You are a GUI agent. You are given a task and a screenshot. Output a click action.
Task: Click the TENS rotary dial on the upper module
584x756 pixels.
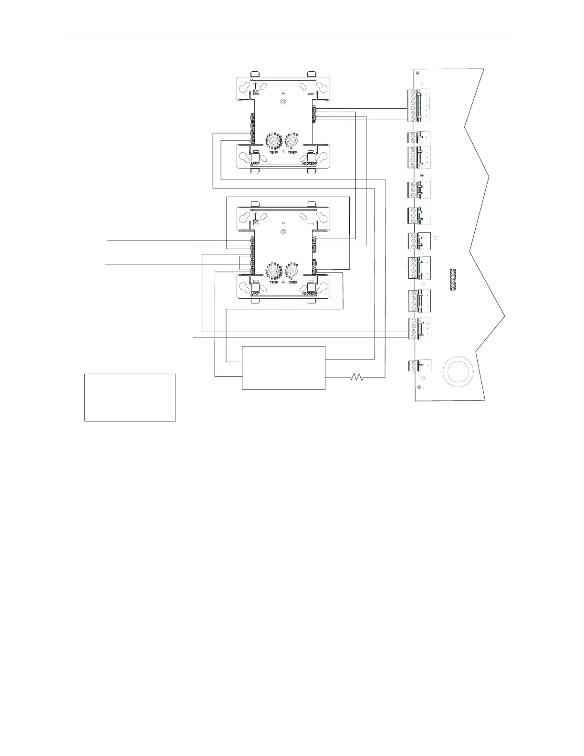273,142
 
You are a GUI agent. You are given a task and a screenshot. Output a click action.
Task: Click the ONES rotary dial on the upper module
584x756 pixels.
292,142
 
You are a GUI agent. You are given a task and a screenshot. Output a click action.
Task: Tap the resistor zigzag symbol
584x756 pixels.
357,378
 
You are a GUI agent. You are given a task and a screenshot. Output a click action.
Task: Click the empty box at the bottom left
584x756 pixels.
130,397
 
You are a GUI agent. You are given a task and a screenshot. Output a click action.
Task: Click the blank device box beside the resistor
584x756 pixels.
283,368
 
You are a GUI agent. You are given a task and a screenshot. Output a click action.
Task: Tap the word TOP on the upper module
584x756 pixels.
256,91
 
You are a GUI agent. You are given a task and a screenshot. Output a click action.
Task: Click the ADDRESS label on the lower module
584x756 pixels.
310,294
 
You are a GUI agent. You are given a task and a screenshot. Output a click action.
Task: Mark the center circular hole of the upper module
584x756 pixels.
283,102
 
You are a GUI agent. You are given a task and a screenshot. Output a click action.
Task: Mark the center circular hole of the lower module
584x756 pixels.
283,232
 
